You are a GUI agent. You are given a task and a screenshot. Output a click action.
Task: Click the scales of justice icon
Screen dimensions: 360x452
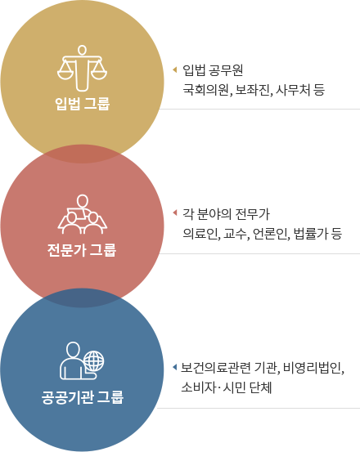(82, 68)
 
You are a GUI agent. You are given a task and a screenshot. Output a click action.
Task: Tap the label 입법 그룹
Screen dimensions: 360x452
(82, 104)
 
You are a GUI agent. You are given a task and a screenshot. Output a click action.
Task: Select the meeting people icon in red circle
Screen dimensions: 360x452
(82, 214)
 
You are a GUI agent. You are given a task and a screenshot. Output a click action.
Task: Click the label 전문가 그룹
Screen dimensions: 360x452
(82, 249)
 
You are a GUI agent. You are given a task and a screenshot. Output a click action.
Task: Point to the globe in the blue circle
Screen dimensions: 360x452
(94, 361)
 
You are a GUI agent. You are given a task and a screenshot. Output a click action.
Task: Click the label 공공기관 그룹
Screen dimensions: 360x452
(82, 397)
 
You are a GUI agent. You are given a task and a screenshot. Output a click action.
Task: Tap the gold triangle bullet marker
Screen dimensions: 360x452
(174, 69)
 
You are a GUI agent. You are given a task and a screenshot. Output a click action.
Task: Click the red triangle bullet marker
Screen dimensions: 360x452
(174, 213)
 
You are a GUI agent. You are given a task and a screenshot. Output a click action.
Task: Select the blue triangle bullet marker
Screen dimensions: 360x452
(174, 367)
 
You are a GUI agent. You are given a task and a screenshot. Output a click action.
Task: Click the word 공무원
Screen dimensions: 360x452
(226, 70)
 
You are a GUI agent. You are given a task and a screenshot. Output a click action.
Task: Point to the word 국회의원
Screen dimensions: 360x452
(206, 90)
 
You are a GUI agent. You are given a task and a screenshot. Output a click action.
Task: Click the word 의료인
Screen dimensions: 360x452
(200, 233)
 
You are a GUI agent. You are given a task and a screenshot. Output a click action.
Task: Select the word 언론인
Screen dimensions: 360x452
(270, 233)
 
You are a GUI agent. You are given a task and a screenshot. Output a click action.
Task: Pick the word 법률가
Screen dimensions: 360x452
(310, 233)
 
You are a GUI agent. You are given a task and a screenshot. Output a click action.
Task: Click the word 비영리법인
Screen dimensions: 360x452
(313, 368)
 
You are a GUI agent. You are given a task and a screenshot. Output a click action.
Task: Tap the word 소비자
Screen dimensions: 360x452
(198, 387)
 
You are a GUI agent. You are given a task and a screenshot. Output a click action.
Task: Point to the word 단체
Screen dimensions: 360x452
(260, 387)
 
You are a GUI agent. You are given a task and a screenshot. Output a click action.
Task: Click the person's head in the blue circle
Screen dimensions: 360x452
(73, 350)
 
